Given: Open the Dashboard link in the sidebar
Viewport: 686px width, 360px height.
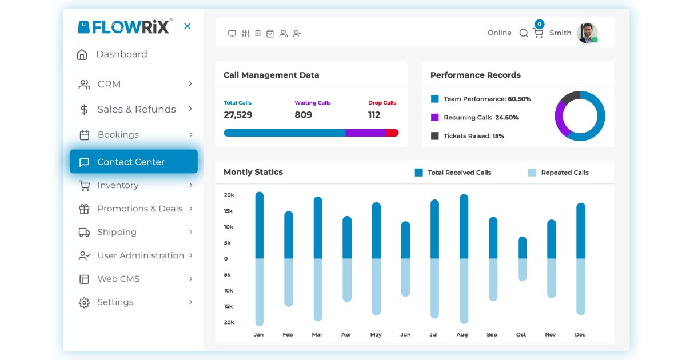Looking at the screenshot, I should coord(121,54).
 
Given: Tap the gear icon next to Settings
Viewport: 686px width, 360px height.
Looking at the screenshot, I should coord(84,302).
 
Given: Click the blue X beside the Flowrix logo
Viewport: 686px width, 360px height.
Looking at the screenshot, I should coord(187,26).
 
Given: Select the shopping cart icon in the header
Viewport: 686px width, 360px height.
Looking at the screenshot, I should coord(538,33).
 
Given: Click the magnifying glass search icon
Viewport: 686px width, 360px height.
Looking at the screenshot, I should coord(523,33).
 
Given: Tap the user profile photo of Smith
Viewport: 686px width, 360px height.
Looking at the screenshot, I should coord(587,33).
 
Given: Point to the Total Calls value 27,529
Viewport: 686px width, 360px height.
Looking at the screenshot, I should coord(238,115).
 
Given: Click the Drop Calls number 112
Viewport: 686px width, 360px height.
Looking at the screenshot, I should coord(374,115).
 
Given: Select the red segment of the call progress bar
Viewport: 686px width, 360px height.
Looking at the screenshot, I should coord(392,133).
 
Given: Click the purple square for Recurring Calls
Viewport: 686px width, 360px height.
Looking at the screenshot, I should coord(434,117).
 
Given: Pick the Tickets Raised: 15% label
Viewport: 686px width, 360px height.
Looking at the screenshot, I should coord(473,136).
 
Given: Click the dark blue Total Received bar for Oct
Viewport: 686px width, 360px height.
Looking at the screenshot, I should coord(522,248).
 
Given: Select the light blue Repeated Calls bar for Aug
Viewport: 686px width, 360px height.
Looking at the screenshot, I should coord(464,290).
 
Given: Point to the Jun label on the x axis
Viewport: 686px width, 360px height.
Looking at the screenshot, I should coord(405,335).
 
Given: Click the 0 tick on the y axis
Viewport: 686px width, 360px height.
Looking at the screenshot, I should coord(226,259).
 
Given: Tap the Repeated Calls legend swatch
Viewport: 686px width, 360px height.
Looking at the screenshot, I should coord(532,173).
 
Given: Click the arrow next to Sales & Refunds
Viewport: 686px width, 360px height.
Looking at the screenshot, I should coord(190,109).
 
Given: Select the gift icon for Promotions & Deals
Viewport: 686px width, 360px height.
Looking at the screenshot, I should coord(84,209).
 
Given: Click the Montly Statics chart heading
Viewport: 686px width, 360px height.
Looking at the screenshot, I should coord(253,172).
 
